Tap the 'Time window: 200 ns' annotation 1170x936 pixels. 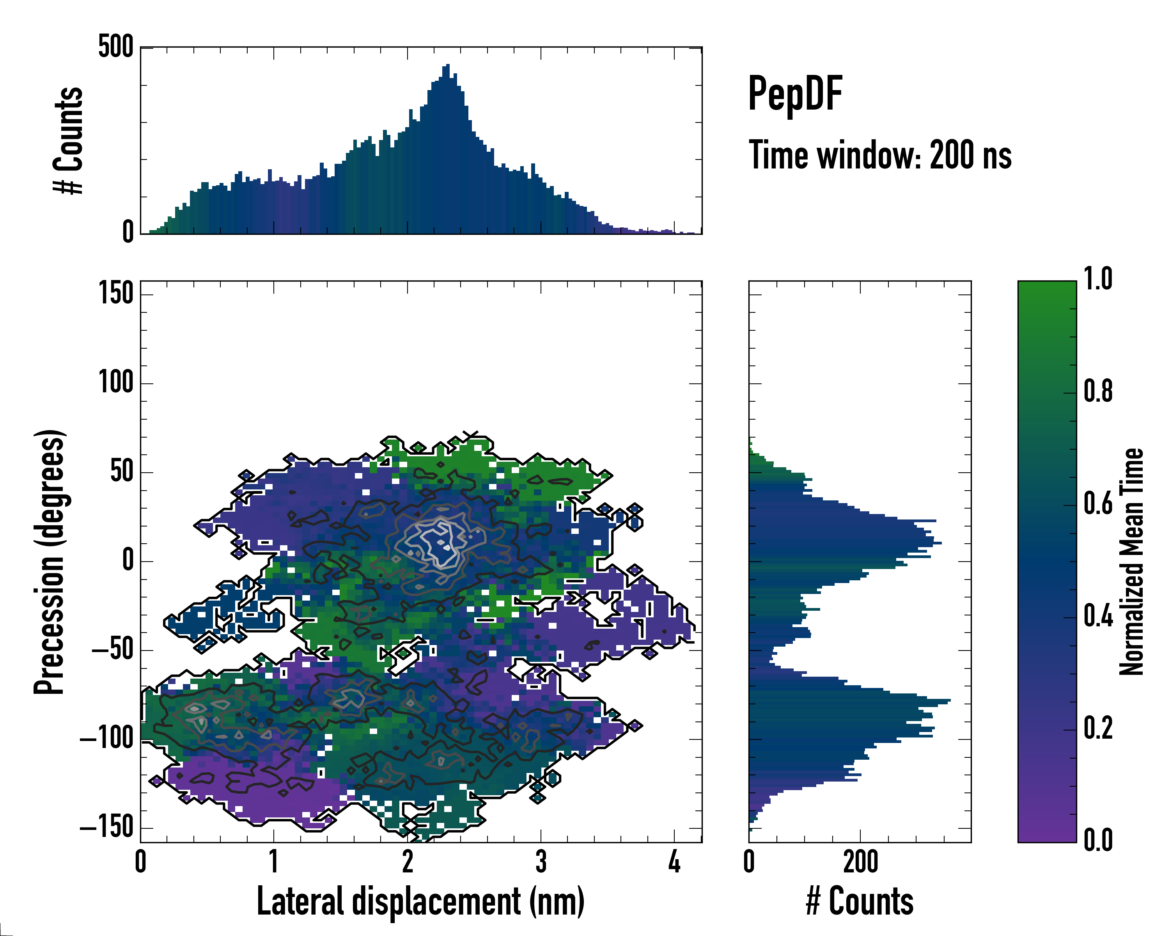pyautogui.click(x=880, y=156)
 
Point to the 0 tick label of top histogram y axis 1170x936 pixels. pyautogui.click(x=128, y=232)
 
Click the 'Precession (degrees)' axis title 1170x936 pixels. pyautogui.click(x=50, y=562)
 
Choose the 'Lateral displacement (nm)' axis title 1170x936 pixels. pyautogui.click(x=420, y=901)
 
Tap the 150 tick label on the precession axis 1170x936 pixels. pyautogui.click(x=115, y=294)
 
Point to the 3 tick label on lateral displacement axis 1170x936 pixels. pyautogui.click(x=541, y=862)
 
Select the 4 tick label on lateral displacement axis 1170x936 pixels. pyautogui.click(x=674, y=862)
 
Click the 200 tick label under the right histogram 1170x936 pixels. pyautogui.click(x=860, y=862)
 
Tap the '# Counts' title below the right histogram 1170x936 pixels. pyautogui.click(x=860, y=901)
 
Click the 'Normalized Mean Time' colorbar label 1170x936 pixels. pyautogui.click(x=1131, y=562)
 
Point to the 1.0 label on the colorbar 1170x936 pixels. pyautogui.click(x=1098, y=280)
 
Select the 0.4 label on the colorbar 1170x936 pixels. pyautogui.click(x=1098, y=617)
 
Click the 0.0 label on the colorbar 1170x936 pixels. pyautogui.click(x=1098, y=840)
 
